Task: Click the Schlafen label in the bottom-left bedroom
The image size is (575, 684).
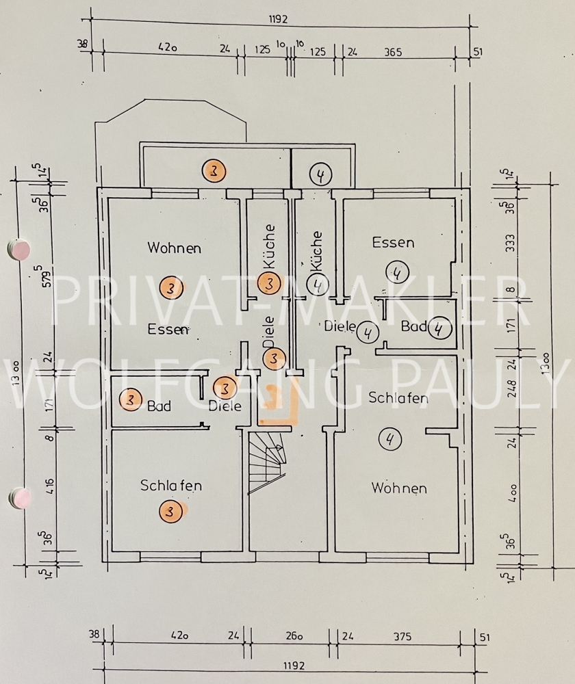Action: point(171,486)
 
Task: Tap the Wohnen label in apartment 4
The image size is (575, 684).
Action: point(399,488)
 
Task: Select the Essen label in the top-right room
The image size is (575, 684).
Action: point(393,242)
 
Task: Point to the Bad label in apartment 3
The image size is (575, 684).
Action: point(159,406)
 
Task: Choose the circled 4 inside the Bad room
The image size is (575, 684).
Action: point(439,329)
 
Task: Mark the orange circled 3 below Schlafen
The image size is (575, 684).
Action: point(170,511)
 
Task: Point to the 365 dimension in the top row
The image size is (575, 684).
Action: point(392,52)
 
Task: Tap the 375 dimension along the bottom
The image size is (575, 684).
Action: point(402,637)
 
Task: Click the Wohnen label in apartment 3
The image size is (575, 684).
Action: point(175,248)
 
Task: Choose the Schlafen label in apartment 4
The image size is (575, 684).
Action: point(398,397)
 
